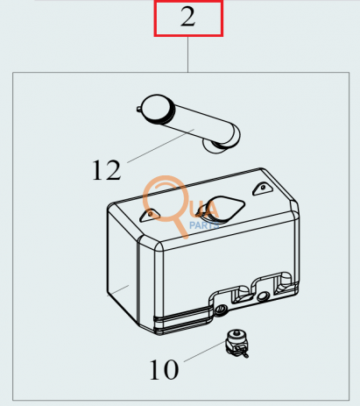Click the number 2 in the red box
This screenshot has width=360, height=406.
coord(187,17)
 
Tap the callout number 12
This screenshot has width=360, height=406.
coord(106,170)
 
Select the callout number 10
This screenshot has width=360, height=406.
coord(164,369)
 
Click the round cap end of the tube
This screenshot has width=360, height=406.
coord(156,109)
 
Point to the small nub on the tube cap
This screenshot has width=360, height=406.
coord(138,109)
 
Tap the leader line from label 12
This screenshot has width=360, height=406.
coord(160,146)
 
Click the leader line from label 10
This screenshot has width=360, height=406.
coord(204,352)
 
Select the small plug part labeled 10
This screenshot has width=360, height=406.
coord(236,343)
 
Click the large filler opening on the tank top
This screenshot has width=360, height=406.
coord(222,208)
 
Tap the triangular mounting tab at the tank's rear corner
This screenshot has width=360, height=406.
coord(263,189)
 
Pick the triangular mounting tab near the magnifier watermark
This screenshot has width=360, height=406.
coord(150,215)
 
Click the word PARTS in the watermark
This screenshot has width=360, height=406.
coord(204,225)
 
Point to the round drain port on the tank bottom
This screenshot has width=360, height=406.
coord(221,309)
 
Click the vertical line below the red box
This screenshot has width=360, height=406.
coord(187,54)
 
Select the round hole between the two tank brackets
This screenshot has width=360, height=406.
coord(263,296)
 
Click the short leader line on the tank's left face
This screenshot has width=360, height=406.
coord(118,290)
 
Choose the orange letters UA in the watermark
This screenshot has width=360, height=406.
coord(208,210)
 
